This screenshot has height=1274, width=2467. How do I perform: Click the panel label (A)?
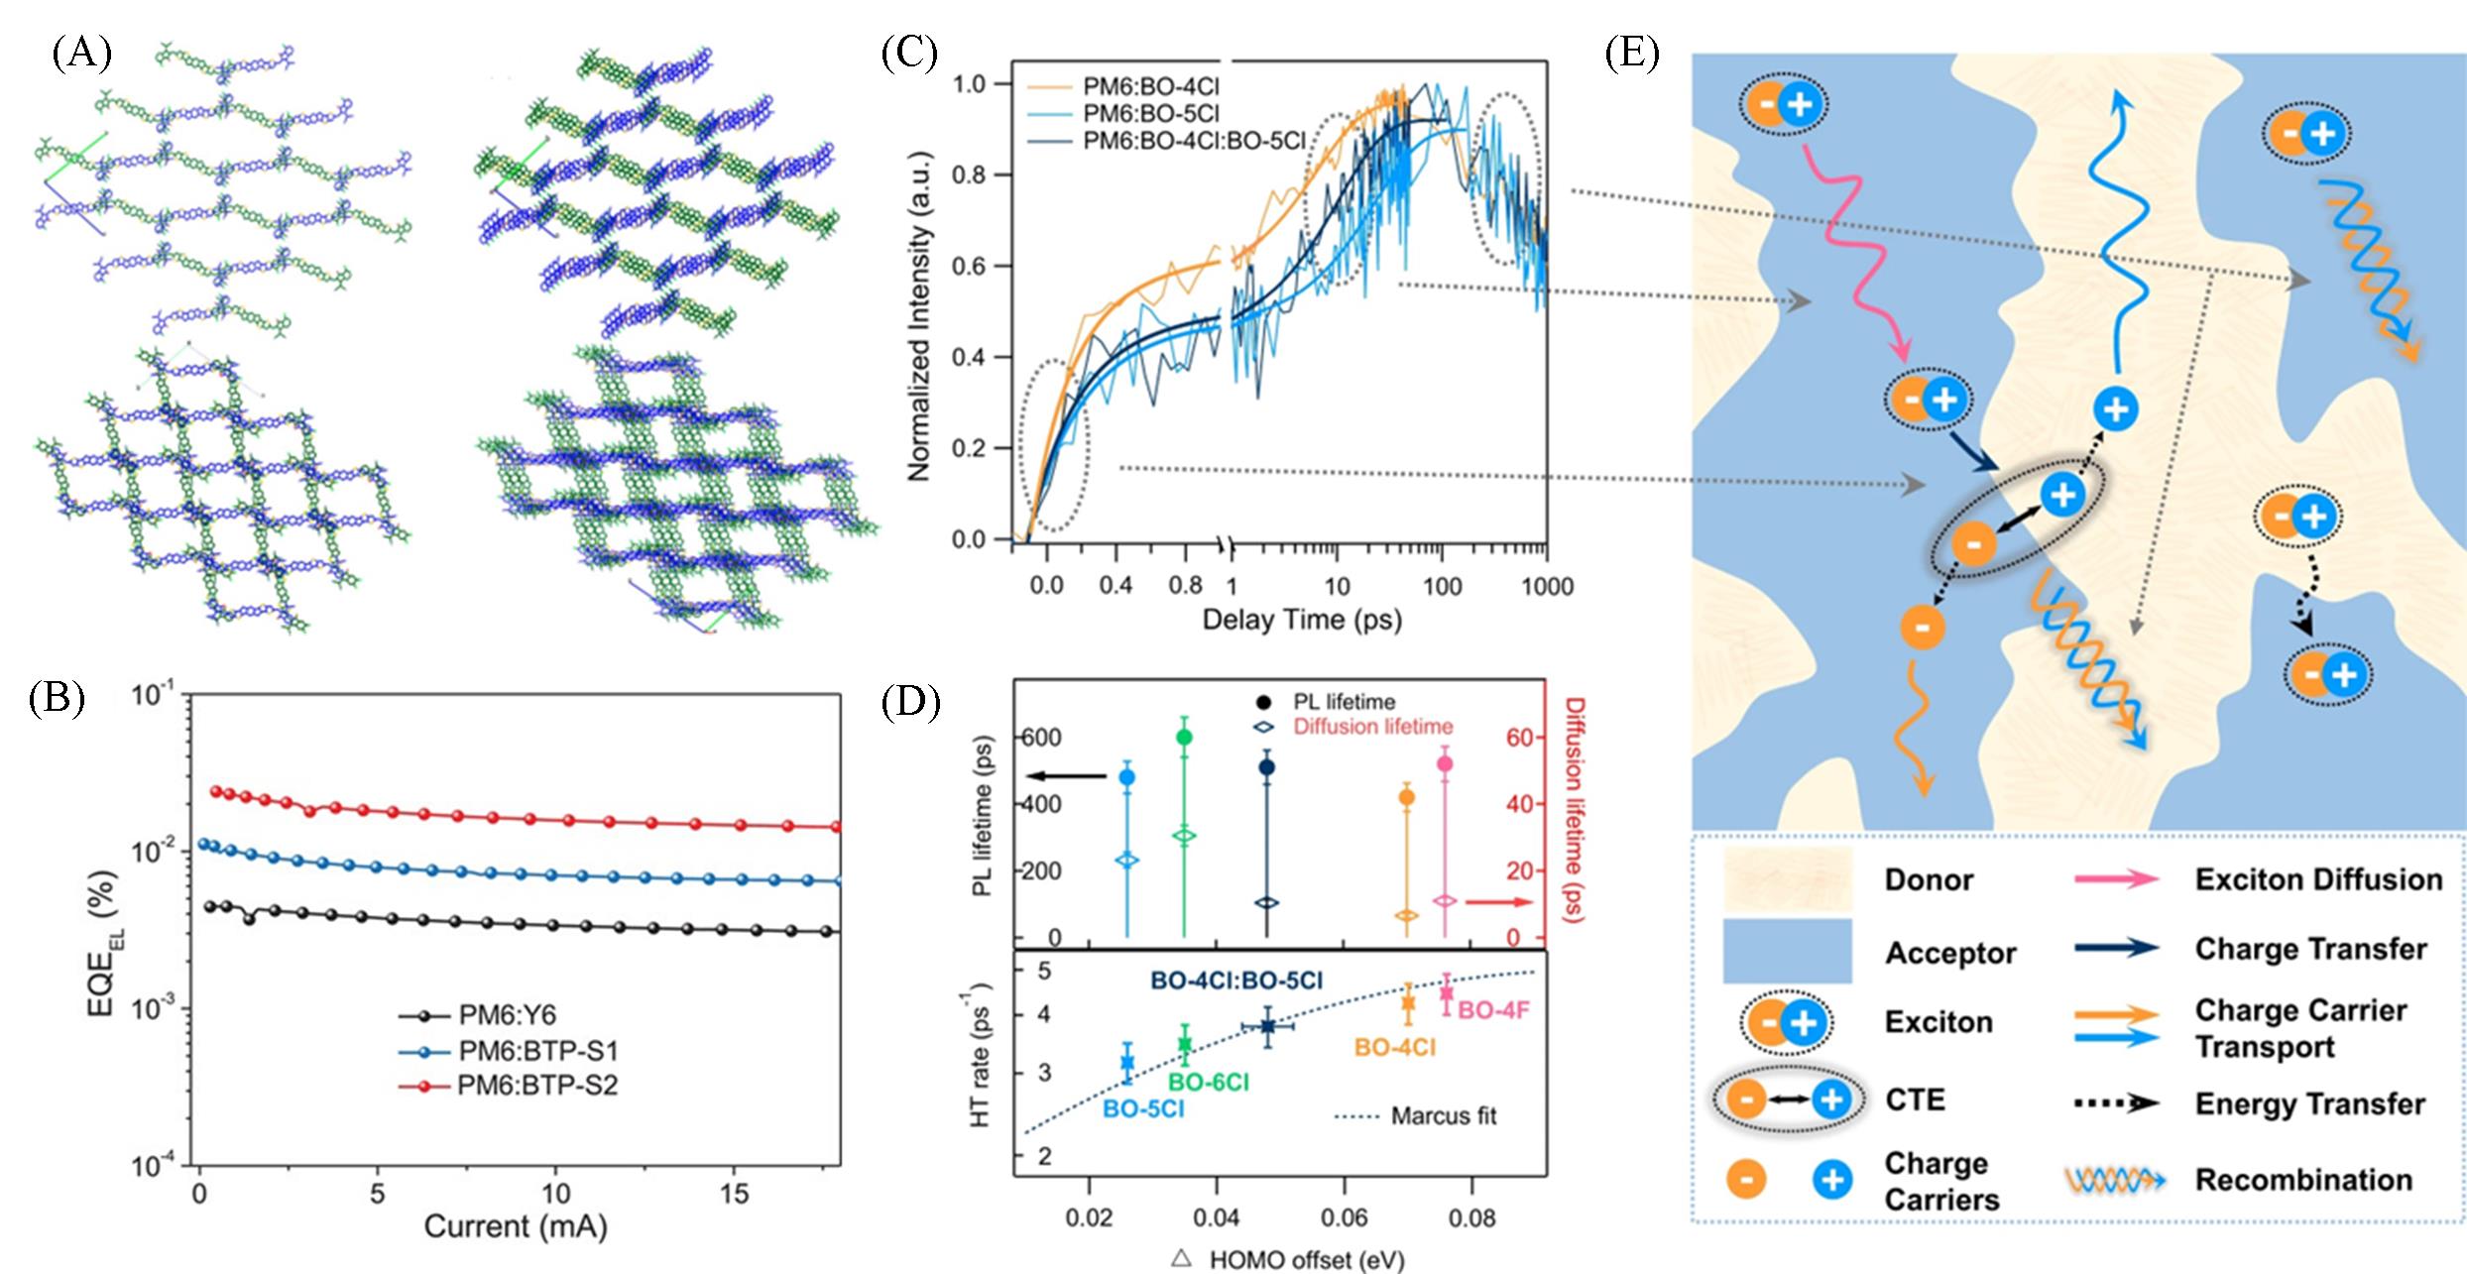pyautogui.click(x=81, y=55)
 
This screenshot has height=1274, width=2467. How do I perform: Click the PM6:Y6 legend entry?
pyautogui.click(x=507, y=1014)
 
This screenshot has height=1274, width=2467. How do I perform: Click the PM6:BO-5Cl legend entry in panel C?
pyautogui.click(x=1150, y=113)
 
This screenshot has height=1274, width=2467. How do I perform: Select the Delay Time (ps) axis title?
pyautogui.click(x=1301, y=621)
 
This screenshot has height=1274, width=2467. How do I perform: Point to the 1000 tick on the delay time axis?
pyautogui.click(x=1547, y=586)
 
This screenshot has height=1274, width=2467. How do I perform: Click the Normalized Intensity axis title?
pyautogui.click(x=920, y=315)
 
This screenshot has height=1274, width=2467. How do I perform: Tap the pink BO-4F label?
pyautogui.click(x=1493, y=1011)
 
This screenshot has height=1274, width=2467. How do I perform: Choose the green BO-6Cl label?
pyautogui.click(x=1208, y=1082)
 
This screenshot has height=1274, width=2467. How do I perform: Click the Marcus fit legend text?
pyautogui.click(x=1443, y=1116)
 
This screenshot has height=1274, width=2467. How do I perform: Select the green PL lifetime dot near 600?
pyautogui.click(x=1184, y=737)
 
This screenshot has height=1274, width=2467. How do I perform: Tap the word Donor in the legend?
pyautogui.click(x=1929, y=879)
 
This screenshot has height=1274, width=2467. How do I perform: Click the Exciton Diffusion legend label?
pyautogui.click(x=2318, y=879)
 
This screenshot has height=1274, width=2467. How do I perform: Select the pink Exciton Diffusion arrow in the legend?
pyautogui.click(x=2115, y=879)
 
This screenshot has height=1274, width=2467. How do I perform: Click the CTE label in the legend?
pyautogui.click(x=1915, y=1100)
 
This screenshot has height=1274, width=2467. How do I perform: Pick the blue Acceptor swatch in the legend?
pyautogui.click(x=1787, y=951)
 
